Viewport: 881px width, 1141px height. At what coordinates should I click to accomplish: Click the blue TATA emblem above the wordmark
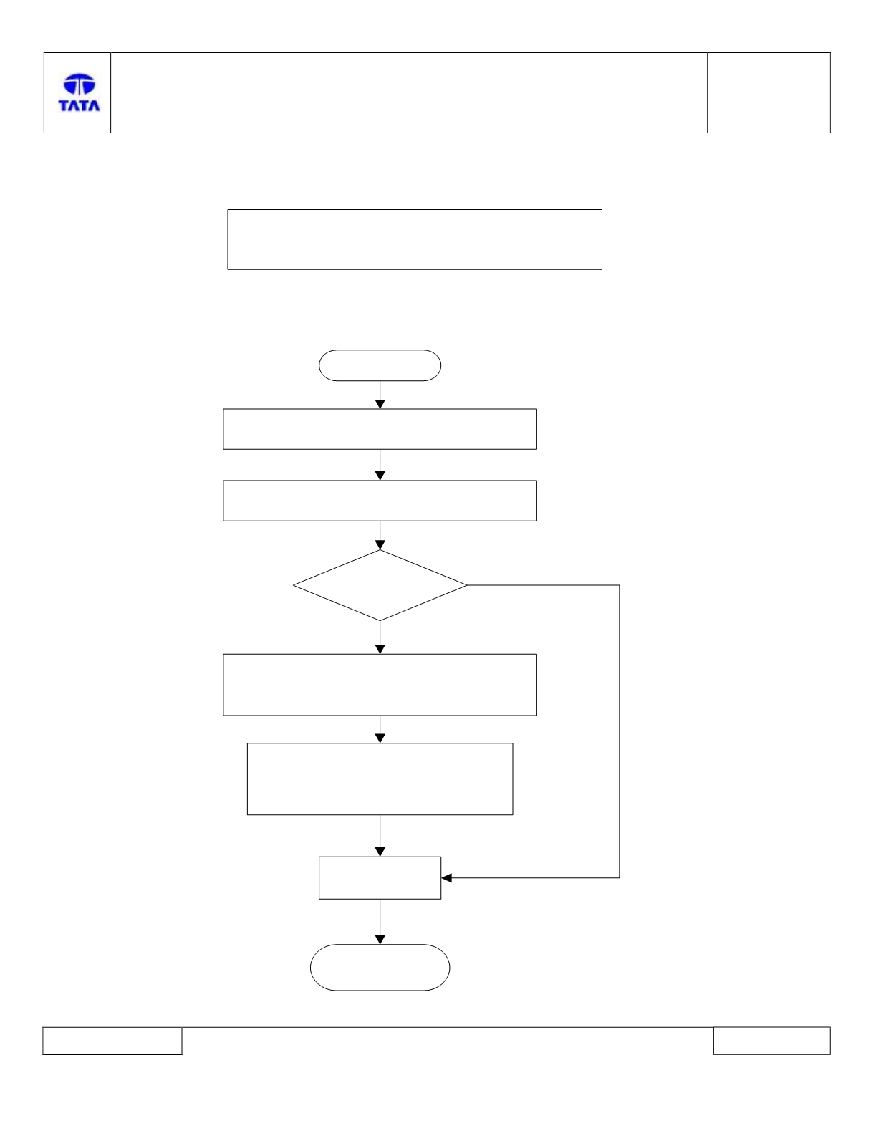click(x=80, y=84)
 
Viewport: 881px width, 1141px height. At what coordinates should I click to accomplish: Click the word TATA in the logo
click(x=80, y=105)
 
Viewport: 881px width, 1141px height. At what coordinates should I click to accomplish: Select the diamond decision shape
click(x=380, y=585)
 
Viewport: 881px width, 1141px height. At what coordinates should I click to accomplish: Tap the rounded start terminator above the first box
click(x=380, y=365)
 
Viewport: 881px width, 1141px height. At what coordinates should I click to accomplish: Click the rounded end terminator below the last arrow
click(x=380, y=967)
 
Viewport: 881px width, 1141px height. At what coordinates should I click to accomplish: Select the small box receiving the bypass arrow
click(x=380, y=878)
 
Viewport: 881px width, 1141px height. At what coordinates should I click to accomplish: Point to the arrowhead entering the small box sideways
click(x=446, y=878)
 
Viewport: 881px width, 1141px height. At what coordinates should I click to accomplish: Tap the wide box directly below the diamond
click(x=380, y=685)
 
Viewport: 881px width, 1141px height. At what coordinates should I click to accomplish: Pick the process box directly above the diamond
click(x=380, y=501)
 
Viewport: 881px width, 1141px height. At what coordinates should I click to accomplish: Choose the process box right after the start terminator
click(x=380, y=429)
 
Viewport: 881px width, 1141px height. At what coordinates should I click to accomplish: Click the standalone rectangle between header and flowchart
click(x=415, y=239)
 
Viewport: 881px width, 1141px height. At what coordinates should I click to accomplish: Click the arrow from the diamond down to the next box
click(x=380, y=637)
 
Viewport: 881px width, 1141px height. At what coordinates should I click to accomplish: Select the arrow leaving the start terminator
click(x=380, y=395)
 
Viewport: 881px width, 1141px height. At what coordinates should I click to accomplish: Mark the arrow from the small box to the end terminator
click(x=380, y=922)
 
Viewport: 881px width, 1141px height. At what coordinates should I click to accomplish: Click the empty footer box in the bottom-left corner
click(x=112, y=1041)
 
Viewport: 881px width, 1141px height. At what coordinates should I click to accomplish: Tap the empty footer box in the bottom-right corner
click(x=772, y=1041)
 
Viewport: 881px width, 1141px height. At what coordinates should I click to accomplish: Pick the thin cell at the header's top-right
click(x=769, y=62)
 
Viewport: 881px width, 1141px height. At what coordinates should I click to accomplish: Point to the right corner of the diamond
click(x=467, y=585)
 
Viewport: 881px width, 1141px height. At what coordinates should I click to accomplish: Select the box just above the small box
click(x=380, y=779)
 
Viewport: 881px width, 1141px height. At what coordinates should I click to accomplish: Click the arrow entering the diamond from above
click(x=380, y=536)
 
